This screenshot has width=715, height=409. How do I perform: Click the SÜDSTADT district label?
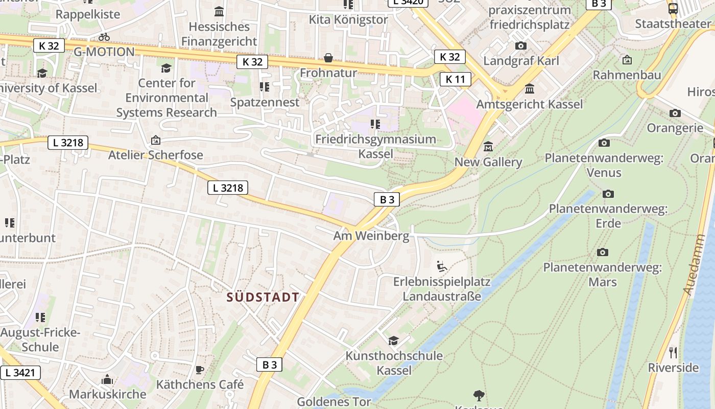click(x=263, y=297)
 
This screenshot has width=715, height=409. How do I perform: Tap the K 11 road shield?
click(x=455, y=79)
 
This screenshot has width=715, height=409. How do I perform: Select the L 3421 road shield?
click(x=20, y=373)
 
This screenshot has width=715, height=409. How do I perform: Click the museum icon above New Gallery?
click(x=488, y=147)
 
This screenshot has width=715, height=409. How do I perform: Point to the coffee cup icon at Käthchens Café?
click(x=200, y=370)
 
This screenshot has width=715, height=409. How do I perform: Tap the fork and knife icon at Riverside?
click(x=673, y=352)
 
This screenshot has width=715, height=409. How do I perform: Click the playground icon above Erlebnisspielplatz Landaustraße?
click(x=442, y=266)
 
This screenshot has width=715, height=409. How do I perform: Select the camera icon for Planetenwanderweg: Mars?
click(x=603, y=252)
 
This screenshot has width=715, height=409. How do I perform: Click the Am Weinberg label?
click(x=371, y=236)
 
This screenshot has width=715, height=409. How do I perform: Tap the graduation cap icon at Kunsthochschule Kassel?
click(x=393, y=340)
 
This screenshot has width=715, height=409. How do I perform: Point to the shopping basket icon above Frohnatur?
click(x=328, y=58)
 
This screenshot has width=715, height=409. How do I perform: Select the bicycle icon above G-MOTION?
click(x=104, y=37)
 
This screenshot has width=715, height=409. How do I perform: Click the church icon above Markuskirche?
click(x=107, y=379)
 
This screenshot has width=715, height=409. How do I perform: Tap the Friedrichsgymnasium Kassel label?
click(x=375, y=146)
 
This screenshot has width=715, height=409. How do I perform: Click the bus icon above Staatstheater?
click(x=673, y=8)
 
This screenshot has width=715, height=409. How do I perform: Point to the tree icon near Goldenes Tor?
click(x=479, y=395)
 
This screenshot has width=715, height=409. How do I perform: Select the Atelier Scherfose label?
click(x=155, y=155)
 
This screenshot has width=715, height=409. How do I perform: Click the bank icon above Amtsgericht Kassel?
click(x=530, y=89)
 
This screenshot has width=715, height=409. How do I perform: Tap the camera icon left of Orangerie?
click(x=675, y=113)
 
